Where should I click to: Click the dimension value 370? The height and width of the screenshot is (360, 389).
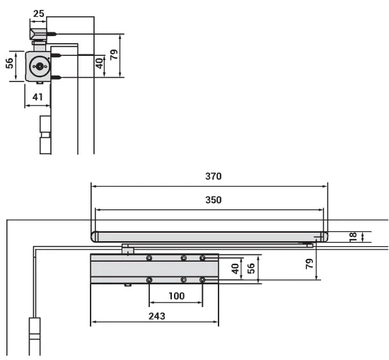pyautogui.click(x=214, y=176)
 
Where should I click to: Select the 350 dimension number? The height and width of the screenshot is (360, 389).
pyautogui.click(x=214, y=199)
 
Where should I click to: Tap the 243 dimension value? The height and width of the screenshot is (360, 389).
pyautogui.click(x=157, y=316)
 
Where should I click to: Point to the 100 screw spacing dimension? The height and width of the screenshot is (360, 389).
pyautogui.click(x=176, y=296)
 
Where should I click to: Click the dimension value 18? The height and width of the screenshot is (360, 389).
pyautogui.click(x=353, y=237)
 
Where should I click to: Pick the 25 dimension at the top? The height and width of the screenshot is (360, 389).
pyautogui.click(x=38, y=13)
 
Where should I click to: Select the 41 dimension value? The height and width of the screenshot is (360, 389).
pyautogui.click(x=37, y=97)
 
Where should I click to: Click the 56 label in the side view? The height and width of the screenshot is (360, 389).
pyautogui.click(x=9, y=63)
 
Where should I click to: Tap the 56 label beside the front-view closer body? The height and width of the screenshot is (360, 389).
pyautogui.click(x=251, y=268)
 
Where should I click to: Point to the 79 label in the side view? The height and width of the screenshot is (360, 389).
pyautogui.click(x=114, y=54)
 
